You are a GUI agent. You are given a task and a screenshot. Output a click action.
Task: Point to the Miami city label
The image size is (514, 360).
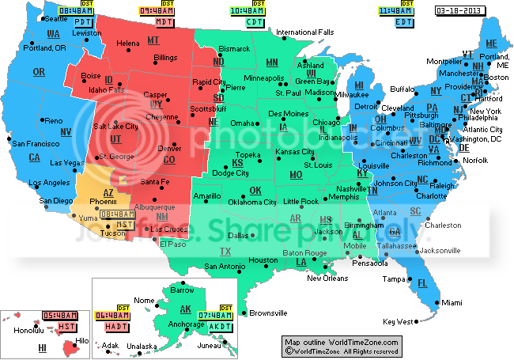[x=452, y=303]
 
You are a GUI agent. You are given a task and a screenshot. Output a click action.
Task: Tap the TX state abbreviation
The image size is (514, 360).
[x=225, y=252]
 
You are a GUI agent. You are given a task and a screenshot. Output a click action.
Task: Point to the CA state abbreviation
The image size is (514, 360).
[x=35, y=157]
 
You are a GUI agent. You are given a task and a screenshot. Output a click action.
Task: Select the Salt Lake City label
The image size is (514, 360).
[x=115, y=126]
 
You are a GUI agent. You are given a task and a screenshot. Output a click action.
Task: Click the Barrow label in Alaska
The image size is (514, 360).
[x=183, y=290]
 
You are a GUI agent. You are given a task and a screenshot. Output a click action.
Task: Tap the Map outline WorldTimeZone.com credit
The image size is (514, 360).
[x=342, y=341]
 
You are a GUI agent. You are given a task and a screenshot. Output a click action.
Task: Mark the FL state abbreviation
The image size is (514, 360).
[x=422, y=283]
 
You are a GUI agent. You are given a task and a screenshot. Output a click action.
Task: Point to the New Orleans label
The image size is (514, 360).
[x=327, y=278]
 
